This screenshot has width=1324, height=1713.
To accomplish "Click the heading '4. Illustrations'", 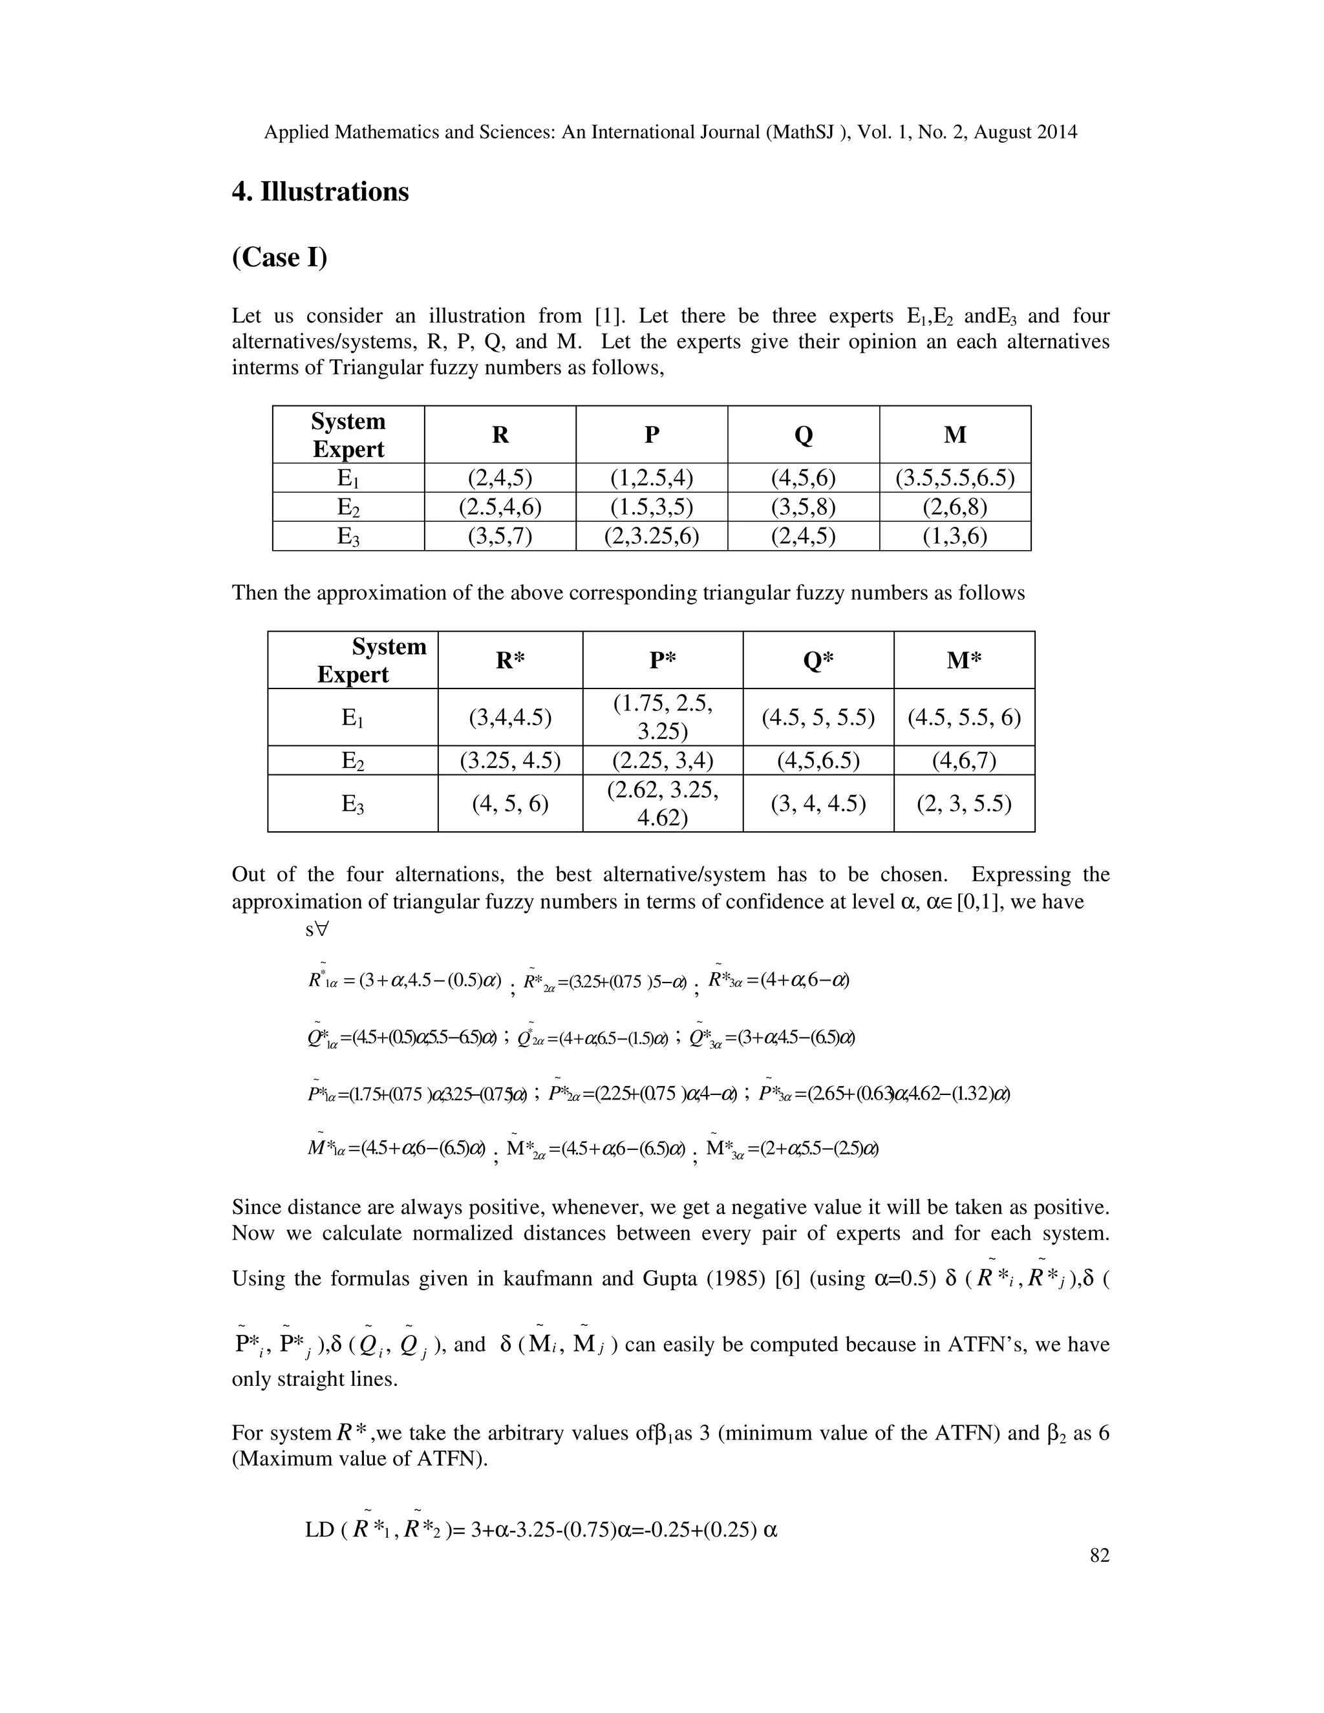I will [x=320, y=191].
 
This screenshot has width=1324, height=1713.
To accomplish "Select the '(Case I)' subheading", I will [x=279, y=257].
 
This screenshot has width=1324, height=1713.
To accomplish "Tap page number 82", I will [x=1100, y=1555].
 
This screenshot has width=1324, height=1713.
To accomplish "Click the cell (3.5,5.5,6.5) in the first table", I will [x=955, y=478].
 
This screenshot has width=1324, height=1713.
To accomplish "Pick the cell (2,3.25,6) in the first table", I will [x=651, y=536].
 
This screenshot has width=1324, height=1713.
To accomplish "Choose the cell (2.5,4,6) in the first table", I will [x=500, y=507].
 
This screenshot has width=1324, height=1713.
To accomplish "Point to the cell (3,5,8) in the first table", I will [x=803, y=507].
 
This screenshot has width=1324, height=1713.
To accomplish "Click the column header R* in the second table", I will [x=510, y=661].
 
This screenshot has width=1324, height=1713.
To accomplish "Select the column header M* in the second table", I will [x=964, y=661].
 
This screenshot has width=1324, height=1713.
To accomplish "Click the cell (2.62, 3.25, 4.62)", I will [x=663, y=804].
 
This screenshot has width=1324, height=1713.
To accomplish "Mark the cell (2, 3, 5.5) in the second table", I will [x=964, y=804].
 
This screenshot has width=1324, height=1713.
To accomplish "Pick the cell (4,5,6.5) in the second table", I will [x=818, y=761].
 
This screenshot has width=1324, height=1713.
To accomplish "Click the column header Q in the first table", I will [x=803, y=434].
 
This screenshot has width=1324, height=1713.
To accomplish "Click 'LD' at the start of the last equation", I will [x=319, y=1529].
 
